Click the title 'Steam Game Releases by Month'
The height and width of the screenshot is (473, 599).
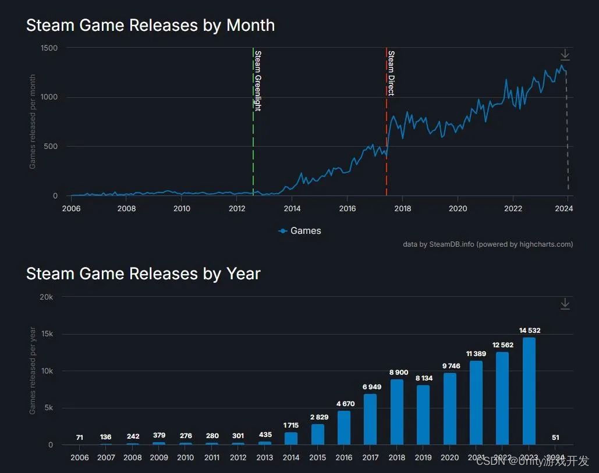pos(150,26)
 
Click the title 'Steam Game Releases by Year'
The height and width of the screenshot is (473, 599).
pos(143,273)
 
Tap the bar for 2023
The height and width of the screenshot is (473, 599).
pos(529,391)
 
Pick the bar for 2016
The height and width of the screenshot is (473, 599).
pos(344,428)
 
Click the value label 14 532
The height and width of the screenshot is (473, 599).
pos(530,330)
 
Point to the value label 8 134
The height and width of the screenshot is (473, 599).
pos(423,378)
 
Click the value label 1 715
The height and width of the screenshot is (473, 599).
pos(291,425)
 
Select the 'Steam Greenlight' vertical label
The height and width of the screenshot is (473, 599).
pos(258,80)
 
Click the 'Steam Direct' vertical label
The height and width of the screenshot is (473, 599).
pos(391,73)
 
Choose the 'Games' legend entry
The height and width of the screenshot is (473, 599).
pos(300,231)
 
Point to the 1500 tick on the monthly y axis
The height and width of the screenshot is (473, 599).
pos(49,48)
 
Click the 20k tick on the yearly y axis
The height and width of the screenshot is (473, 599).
pos(46,297)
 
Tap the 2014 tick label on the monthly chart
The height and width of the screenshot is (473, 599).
pos(292,208)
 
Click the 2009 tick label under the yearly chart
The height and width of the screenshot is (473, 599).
pos(159,457)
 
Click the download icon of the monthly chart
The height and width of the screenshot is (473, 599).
pos(565,55)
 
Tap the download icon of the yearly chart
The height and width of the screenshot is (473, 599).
pos(565,304)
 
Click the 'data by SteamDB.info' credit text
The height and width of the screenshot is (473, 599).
pos(488,244)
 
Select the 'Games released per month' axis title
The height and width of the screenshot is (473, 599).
pos(33,122)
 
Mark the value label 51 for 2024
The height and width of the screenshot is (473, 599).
pos(555,438)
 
